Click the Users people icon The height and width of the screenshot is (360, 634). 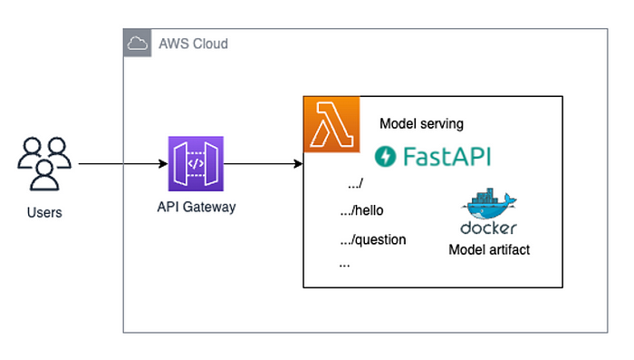point(43,163)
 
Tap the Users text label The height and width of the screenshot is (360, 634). point(44,212)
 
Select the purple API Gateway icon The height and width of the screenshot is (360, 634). point(196,164)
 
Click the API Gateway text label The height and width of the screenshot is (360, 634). point(196,207)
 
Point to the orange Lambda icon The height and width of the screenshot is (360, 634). point(331,123)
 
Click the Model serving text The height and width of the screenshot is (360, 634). point(421,124)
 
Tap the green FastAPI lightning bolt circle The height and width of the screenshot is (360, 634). point(386,156)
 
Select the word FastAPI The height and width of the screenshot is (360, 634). point(447,156)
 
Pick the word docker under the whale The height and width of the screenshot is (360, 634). point(488,228)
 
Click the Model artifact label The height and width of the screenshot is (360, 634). point(489,248)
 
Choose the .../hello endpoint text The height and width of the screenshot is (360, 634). point(360,211)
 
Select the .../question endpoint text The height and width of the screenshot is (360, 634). point(371,240)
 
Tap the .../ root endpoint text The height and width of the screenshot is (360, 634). point(355,184)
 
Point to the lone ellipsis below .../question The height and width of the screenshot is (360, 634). point(344,265)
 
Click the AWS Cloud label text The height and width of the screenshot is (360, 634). point(193,44)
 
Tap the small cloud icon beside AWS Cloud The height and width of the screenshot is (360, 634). point(137,43)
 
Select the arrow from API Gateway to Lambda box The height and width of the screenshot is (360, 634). point(263,164)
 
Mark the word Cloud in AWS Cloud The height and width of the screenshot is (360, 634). point(209,44)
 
